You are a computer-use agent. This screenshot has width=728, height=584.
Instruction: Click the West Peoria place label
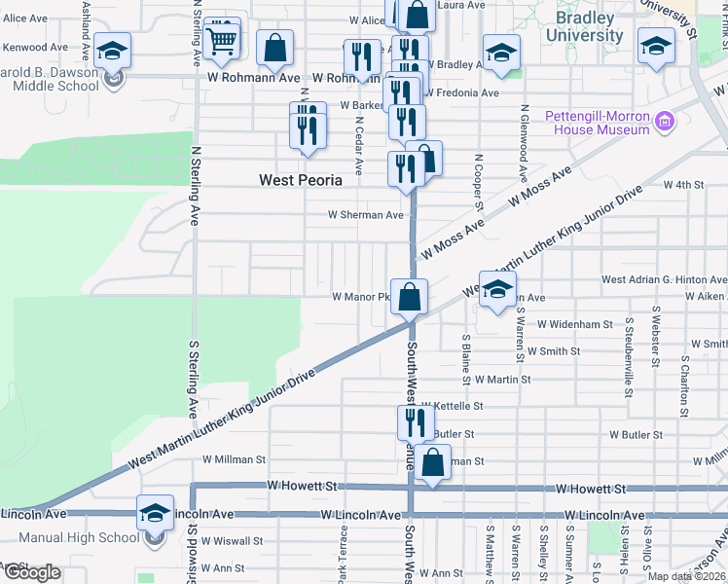(x=301, y=180)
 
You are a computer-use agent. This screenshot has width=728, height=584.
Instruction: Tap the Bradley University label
(x=584, y=27)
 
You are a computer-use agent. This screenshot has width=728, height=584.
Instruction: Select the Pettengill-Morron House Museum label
(x=598, y=122)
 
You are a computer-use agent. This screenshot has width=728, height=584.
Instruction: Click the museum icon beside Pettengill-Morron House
(x=666, y=122)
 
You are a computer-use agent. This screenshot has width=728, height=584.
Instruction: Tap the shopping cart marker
(x=223, y=40)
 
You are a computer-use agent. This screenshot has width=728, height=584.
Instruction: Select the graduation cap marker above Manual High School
(x=155, y=513)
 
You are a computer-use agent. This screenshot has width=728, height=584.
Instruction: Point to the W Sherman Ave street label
(x=365, y=215)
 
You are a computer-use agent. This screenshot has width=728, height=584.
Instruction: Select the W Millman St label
(x=234, y=459)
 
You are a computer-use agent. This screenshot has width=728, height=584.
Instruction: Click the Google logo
(x=31, y=573)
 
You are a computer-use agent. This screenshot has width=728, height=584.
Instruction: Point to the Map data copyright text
(x=687, y=577)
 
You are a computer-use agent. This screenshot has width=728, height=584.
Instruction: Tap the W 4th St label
(x=683, y=184)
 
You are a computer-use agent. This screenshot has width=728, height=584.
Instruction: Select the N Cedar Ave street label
(x=359, y=146)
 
